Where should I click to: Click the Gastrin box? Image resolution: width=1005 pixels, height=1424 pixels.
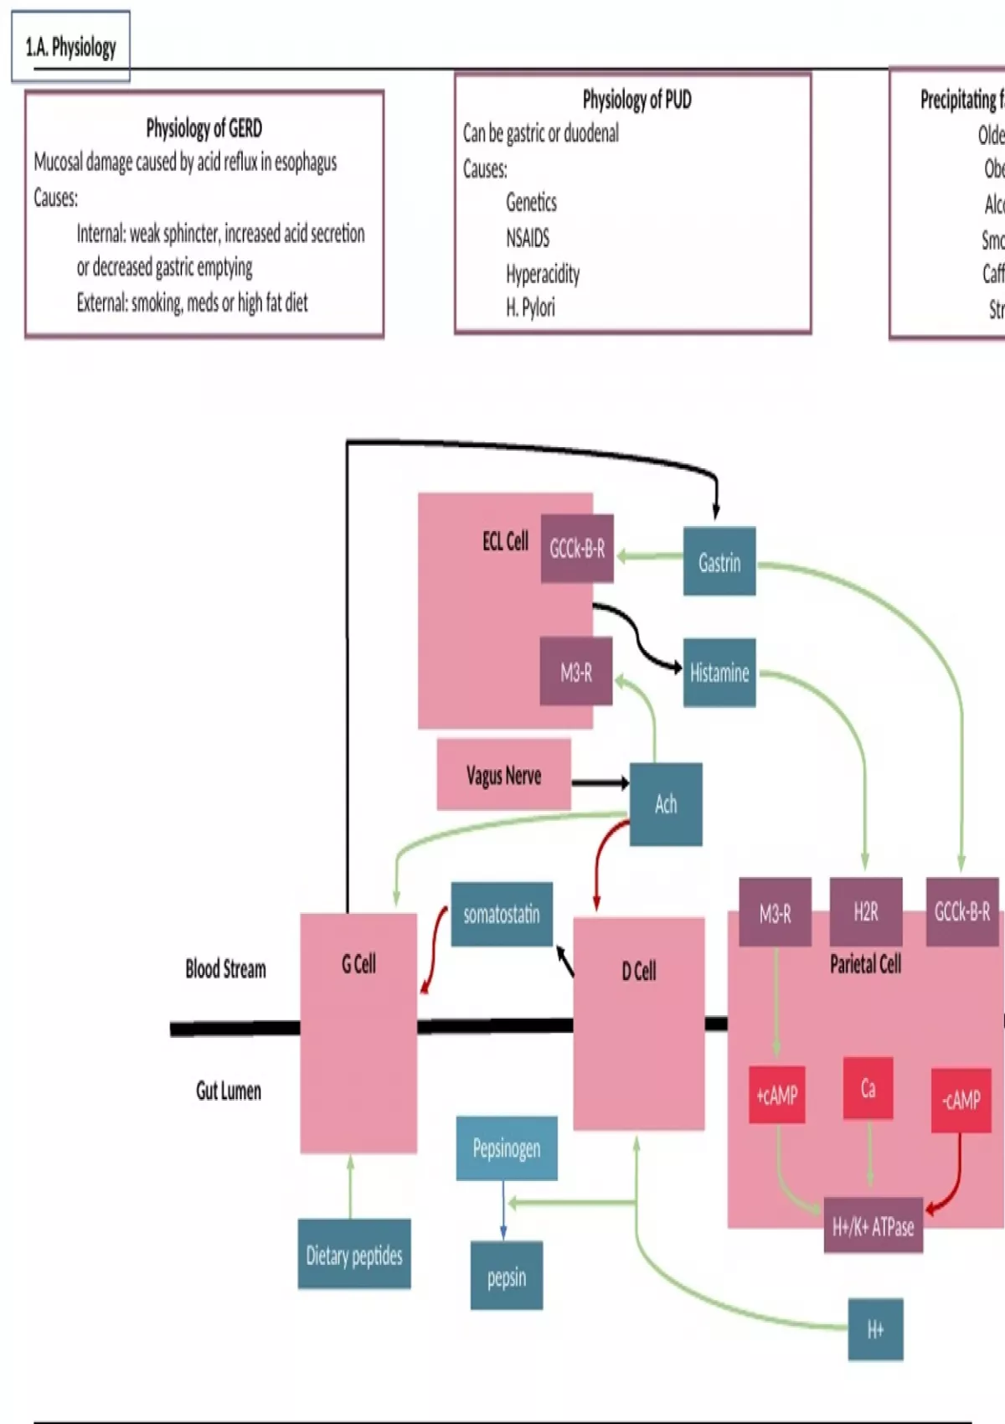[x=719, y=561]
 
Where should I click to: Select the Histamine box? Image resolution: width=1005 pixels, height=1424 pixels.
[x=719, y=673]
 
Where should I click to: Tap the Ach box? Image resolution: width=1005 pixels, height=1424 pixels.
[x=666, y=804]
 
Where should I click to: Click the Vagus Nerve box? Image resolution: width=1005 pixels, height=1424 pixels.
[x=503, y=775]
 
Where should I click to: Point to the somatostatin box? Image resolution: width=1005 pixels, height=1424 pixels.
[x=502, y=914]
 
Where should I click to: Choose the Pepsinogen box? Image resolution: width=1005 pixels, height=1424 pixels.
[x=507, y=1148]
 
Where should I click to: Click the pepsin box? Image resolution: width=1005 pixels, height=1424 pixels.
[x=507, y=1276]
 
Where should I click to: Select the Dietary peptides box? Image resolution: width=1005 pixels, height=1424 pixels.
[x=354, y=1254]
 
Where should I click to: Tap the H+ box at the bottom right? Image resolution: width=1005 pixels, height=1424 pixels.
[x=875, y=1329]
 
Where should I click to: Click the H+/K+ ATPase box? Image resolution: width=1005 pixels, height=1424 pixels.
[x=873, y=1226]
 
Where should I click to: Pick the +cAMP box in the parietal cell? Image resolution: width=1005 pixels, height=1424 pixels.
[x=776, y=1095]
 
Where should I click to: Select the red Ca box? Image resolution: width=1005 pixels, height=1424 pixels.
[x=868, y=1088]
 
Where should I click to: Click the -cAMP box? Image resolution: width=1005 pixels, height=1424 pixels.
[x=961, y=1099]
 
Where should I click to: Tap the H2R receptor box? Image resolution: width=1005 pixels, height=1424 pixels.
[x=866, y=911]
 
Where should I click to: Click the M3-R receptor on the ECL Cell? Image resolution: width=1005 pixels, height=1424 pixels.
[x=576, y=672]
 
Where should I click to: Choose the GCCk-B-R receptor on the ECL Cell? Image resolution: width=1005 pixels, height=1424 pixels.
[x=577, y=549]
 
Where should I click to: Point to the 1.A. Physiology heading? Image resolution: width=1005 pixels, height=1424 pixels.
[x=71, y=47]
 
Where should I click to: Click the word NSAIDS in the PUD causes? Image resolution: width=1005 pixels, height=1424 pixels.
[x=528, y=238]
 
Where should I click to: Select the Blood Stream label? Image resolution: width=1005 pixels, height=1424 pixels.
[x=225, y=969]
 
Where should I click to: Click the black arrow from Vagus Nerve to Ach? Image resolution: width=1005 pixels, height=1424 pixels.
[x=600, y=783]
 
